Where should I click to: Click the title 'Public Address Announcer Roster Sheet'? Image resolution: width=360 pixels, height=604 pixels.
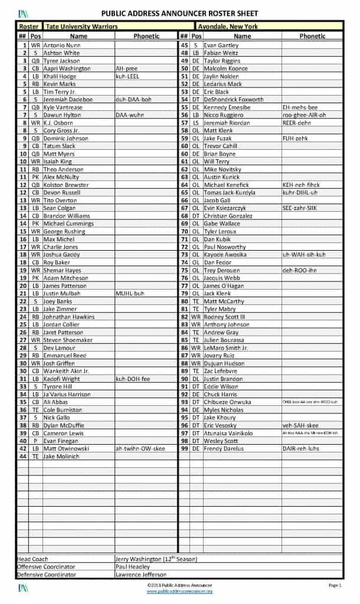click(x=179, y=13)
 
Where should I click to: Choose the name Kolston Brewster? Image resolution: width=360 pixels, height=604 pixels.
click(x=66, y=185)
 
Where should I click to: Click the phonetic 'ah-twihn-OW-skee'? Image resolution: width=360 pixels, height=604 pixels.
click(x=141, y=448)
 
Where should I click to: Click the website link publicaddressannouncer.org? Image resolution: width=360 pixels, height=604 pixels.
click(x=179, y=591)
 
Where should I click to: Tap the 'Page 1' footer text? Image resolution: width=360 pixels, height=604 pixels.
click(x=335, y=585)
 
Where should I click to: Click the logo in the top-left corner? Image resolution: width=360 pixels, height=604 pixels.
click(x=22, y=13)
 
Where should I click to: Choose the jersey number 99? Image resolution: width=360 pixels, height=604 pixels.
click(x=184, y=448)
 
